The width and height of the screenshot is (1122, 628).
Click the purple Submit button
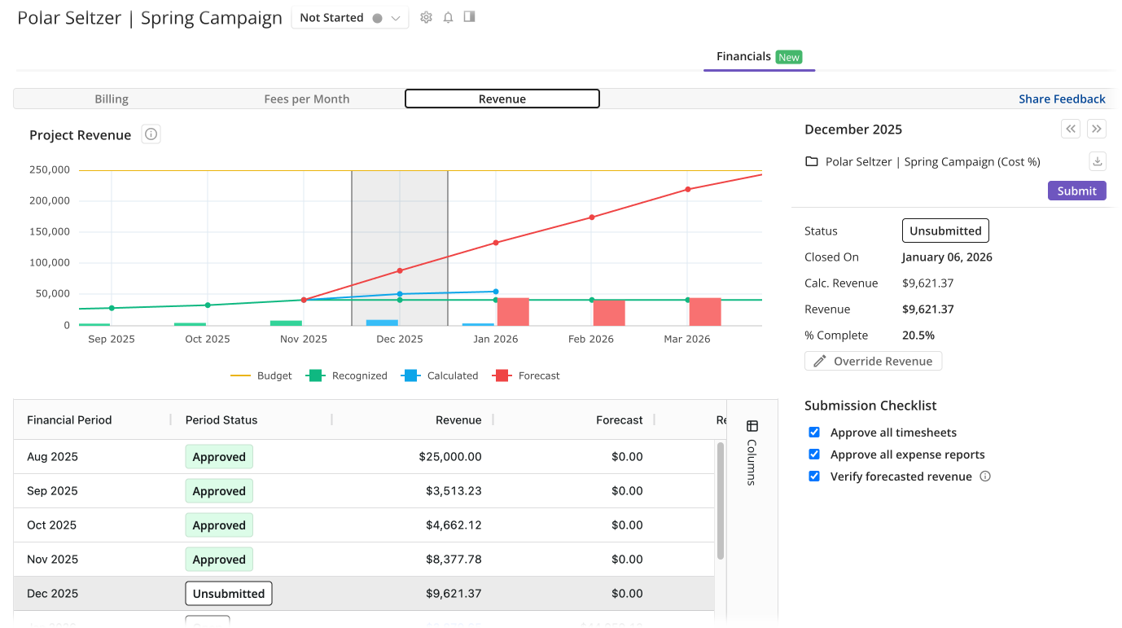click(1076, 191)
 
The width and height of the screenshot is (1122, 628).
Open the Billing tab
click(112, 99)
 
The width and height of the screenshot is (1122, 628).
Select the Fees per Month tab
click(307, 99)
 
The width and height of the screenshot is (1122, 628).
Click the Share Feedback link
click(1062, 99)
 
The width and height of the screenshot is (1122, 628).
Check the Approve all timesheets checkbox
click(814, 433)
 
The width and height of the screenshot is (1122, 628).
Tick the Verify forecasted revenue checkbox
click(814, 476)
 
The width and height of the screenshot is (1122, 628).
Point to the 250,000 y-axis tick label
click(50, 169)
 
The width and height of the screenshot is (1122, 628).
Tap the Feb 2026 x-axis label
click(591, 339)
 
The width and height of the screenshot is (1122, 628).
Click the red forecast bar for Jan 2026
click(513, 312)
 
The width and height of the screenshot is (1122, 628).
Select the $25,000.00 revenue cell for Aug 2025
click(450, 457)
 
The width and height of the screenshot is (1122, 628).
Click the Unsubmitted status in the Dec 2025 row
click(229, 594)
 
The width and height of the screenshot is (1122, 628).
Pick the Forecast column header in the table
click(619, 420)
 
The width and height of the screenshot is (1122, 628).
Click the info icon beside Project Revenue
click(151, 134)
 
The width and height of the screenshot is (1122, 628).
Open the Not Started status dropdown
click(350, 18)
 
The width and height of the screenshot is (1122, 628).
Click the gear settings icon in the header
click(426, 17)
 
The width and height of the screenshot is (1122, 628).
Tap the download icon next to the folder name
click(1097, 161)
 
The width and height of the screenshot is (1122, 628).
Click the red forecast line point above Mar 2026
click(688, 189)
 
